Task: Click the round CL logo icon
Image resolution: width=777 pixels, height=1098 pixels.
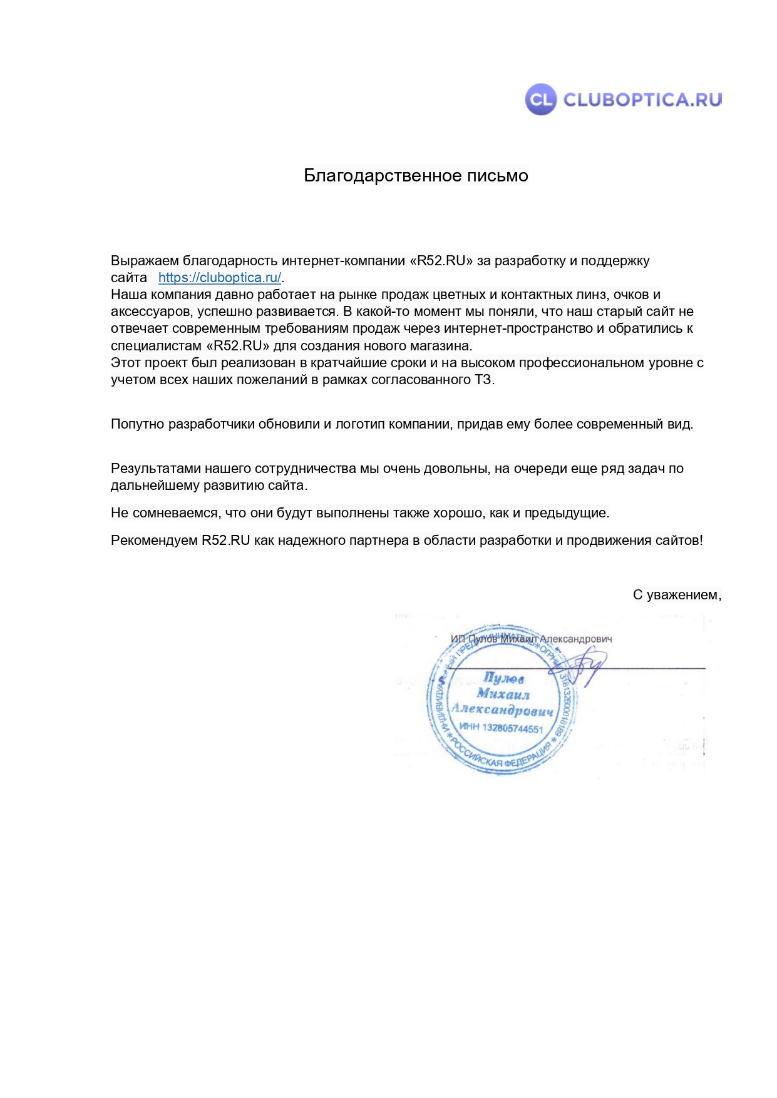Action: pyautogui.click(x=540, y=99)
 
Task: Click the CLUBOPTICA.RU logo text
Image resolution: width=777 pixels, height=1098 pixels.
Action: pyautogui.click(x=642, y=99)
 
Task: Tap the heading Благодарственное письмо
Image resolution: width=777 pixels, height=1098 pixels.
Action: pyautogui.click(x=416, y=176)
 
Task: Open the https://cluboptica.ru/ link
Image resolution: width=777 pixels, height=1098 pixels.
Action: pyautogui.click(x=220, y=278)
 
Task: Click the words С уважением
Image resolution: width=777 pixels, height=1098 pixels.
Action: pyautogui.click(x=676, y=595)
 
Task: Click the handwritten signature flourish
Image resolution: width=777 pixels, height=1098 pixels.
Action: pyautogui.click(x=583, y=668)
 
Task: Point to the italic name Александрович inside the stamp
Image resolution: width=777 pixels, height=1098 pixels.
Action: pyautogui.click(x=503, y=710)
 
